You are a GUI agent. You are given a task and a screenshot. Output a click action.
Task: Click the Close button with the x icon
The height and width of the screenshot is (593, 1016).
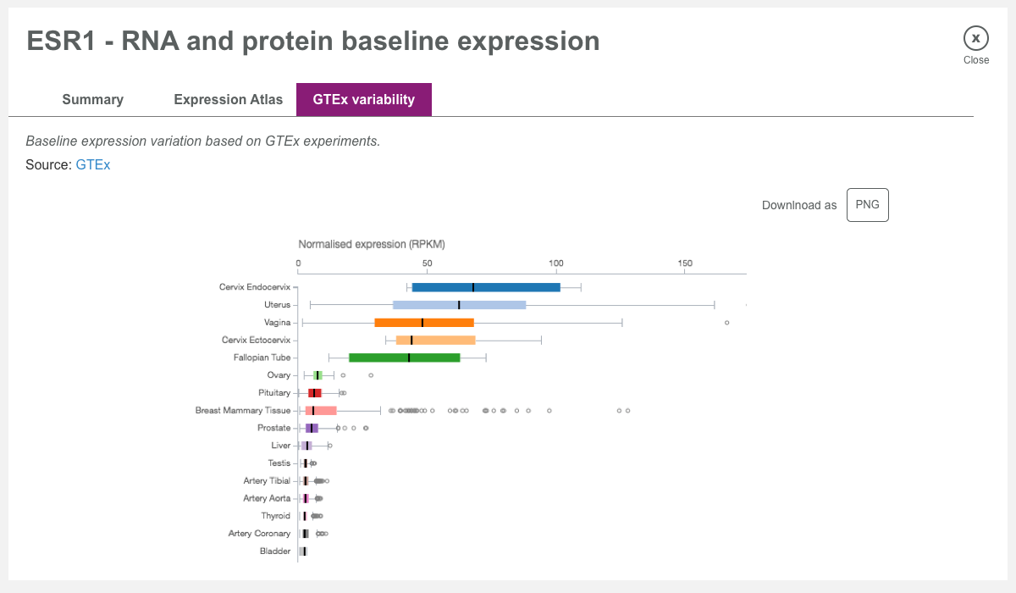click(x=975, y=38)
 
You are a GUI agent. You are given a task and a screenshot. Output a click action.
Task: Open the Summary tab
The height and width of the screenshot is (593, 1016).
click(x=93, y=99)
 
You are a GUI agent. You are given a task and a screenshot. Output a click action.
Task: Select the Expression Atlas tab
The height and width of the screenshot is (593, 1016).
click(x=229, y=99)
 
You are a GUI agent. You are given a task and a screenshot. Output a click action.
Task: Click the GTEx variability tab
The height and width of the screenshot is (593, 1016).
click(x=364, y=99)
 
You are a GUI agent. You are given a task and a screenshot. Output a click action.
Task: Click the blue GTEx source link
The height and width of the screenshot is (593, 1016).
click(x=93, y=165)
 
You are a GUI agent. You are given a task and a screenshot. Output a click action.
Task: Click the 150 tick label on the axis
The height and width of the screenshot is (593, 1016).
click(x=686, y=263)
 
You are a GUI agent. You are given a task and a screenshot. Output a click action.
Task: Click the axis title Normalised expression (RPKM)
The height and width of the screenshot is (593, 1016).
click(x=372, y=244)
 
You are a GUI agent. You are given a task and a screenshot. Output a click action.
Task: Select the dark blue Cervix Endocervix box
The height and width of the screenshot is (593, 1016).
click(x=486, y=287)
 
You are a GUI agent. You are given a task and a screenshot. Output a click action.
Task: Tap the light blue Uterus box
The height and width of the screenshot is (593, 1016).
click(x=460, y=305)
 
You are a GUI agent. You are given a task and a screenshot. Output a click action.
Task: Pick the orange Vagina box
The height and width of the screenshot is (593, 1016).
click(x=424, y=323)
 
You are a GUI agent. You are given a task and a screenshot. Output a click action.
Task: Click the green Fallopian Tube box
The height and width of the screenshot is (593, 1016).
click(x=405, y=357)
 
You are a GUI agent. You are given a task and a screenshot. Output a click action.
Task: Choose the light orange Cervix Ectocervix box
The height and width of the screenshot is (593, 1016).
click(x=436, y=340)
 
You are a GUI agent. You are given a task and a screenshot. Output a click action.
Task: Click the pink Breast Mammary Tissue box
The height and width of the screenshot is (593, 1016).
click(x=322, y=410)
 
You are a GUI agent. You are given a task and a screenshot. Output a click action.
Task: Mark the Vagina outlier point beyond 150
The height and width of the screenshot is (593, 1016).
click(x=726, y=323)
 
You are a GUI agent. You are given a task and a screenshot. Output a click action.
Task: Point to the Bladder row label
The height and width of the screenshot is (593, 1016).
click(x=275, y=551)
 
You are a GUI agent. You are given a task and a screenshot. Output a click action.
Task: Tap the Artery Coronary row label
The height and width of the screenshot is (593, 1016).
click(x=259, y=534)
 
